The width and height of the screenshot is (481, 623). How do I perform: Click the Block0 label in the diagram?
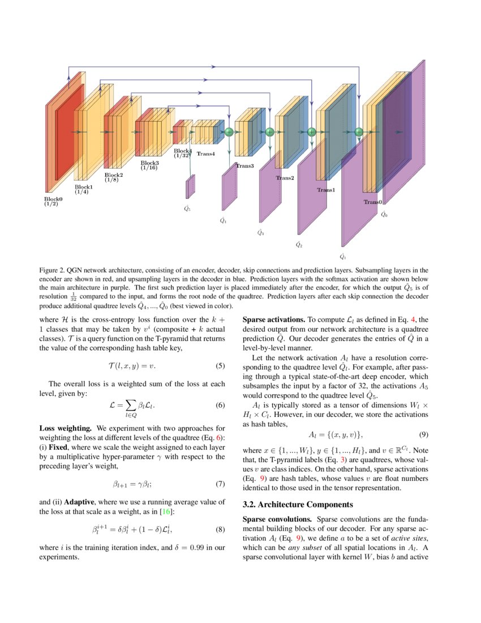pos(53,199)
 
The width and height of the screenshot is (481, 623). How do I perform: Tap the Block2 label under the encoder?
pos(113,175)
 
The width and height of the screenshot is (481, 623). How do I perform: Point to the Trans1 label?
pos(325,190)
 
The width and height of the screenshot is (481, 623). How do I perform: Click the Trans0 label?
pos(373,202)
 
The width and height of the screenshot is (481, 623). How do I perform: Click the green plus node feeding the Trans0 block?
pos(358,132)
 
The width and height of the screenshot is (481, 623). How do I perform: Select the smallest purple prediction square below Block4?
pos(190,187)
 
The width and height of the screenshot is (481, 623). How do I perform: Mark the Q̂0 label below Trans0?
pos(384,215)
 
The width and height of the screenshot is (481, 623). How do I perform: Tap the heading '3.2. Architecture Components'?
pos(298,504)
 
